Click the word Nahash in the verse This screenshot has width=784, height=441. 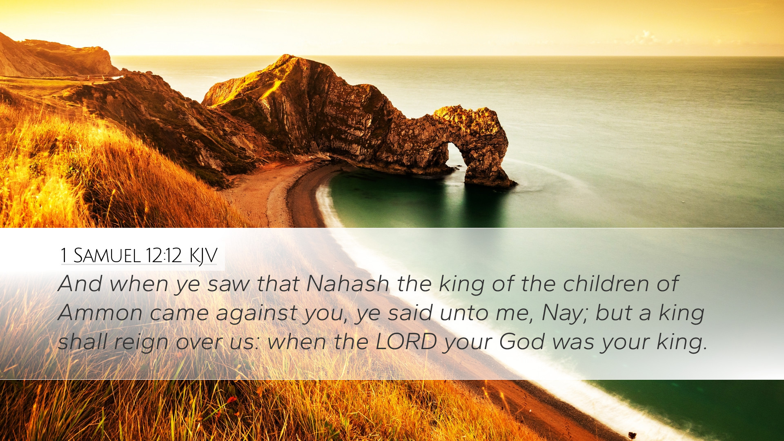click(x=348, y=283)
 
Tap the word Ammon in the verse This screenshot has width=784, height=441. click(x=100, y=313)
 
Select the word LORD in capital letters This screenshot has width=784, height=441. click(x=406, y=341)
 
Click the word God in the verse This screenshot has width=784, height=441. click(x=522, y=341)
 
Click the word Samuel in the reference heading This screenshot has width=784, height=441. click(x=107, y=256)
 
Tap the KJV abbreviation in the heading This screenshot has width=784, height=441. click(x=203, y=256)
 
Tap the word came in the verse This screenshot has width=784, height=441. click(x=179, y=314)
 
